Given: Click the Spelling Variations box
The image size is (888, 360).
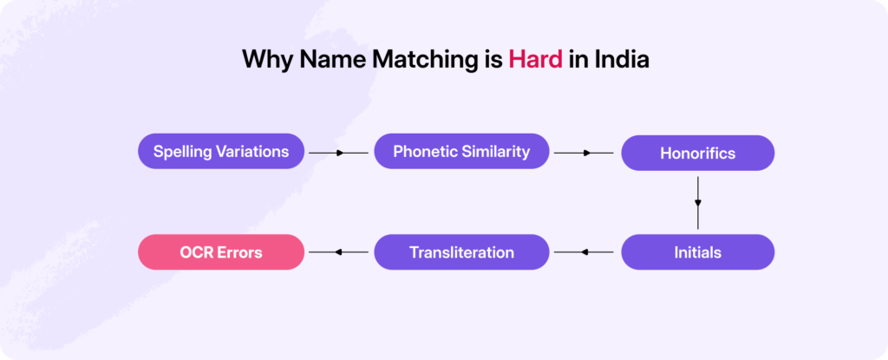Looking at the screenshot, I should pos(221,151).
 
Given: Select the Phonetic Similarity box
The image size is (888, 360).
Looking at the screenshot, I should pos(461,151).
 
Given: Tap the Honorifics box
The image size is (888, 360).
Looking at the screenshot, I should pos(697,154).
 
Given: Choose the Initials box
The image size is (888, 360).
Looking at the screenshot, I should pos(697,252).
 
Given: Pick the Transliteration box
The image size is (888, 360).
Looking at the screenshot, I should pos(461,252).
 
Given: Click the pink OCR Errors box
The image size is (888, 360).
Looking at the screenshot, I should pos(221,252).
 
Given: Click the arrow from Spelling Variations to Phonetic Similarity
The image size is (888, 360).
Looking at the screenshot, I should pos(339,153).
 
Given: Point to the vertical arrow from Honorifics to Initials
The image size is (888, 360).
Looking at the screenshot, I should pos(697,202).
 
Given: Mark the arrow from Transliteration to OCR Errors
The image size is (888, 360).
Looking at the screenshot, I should pos(339,252).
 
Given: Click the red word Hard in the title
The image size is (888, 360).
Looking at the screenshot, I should pos(535,60).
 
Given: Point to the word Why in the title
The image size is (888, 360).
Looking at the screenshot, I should pos(263,60).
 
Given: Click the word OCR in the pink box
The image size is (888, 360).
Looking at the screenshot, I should pos(195,252).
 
